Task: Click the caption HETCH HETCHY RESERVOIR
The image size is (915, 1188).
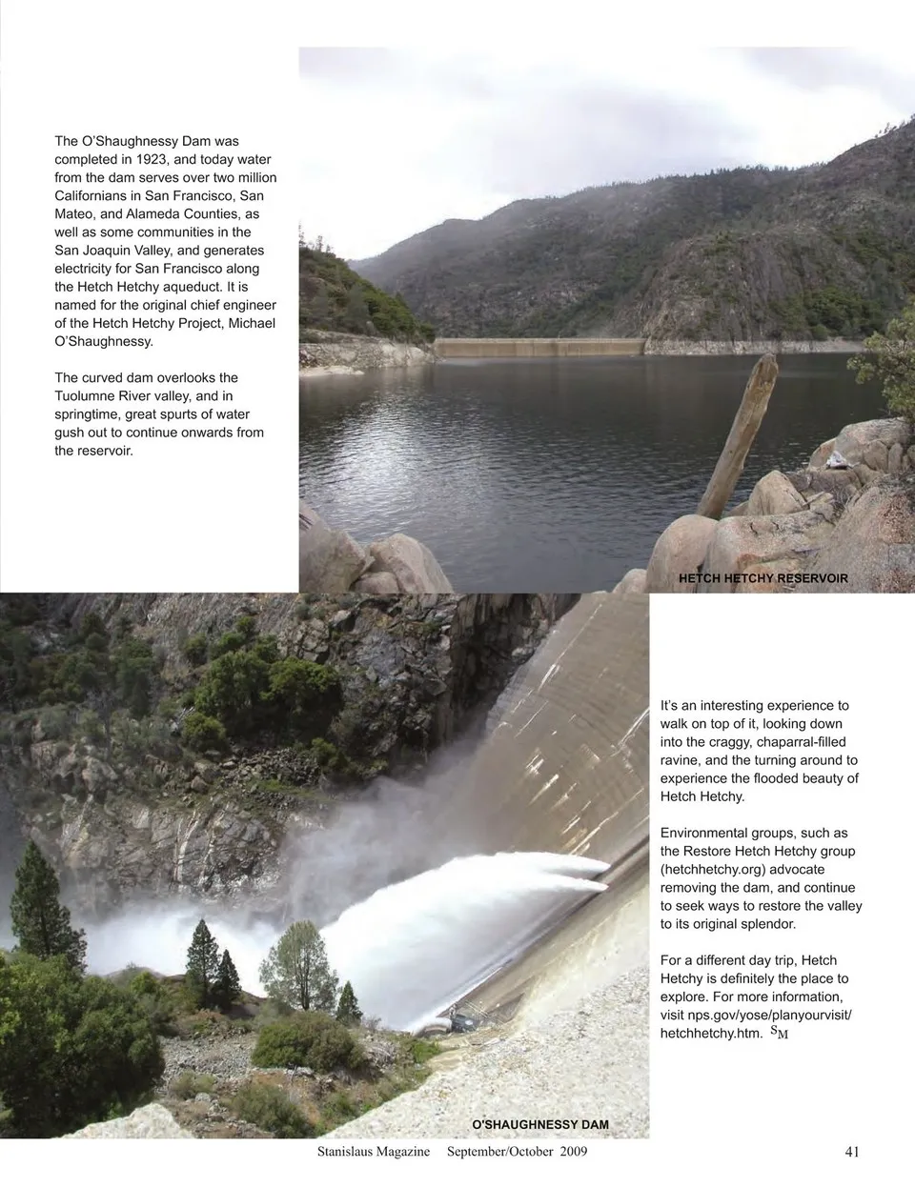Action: (x=762, y=578)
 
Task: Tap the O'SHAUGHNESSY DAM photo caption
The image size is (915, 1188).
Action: (x=540, y=1124)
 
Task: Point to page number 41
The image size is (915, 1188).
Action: (x=852, y=1152)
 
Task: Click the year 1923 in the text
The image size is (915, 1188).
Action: (x=154, y=159)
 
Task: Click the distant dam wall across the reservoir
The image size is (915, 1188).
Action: (x=539, y=348)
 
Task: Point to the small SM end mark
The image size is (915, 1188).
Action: (x=778, y=1032)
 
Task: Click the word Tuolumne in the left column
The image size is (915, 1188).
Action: (x=90, y=396)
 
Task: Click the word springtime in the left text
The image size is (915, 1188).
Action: (x=94, y=414)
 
